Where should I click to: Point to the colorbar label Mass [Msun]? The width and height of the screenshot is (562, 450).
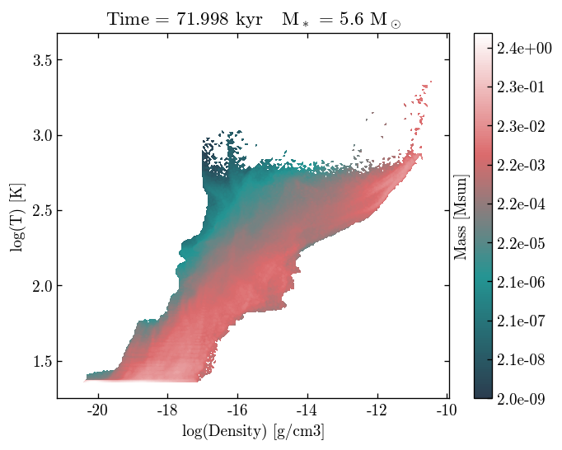click(461, 217)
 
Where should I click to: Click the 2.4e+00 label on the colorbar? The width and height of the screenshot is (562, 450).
click(524, 49)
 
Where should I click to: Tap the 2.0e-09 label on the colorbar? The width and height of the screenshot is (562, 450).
click(524, 397)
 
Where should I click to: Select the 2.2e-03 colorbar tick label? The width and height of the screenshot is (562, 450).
click(524, 166)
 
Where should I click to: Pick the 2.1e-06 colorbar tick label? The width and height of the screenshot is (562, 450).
click(524, 282)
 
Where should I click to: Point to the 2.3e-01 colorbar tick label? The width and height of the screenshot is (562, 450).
click(524, 88)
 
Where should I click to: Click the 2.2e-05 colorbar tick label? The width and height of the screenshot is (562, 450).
click(524, 243)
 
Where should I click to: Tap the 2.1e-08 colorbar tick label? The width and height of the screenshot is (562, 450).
click(524, 359)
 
